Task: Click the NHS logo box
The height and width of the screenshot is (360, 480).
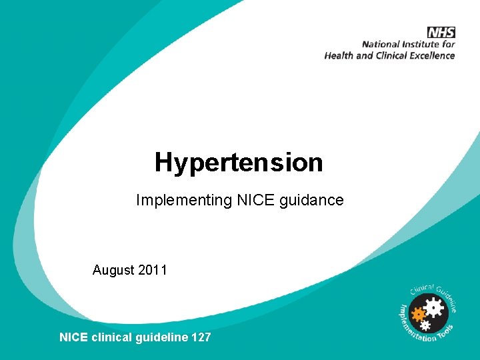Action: (x=441, y=32)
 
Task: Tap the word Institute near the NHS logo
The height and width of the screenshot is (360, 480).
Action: (x=426, y=45)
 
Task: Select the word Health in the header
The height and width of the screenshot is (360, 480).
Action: (x=340, y=56)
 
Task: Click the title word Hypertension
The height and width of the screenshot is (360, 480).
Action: (x=239, y=162)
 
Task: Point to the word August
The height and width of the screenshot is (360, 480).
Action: (x=113, y=270)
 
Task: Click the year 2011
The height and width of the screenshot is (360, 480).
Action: (x=152, y=270)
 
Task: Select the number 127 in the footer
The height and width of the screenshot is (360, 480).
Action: (x=201, y=337)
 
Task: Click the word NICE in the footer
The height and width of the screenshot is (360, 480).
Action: (x=73, y=337)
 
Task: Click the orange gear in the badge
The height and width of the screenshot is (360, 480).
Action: (x=419, y=313)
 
